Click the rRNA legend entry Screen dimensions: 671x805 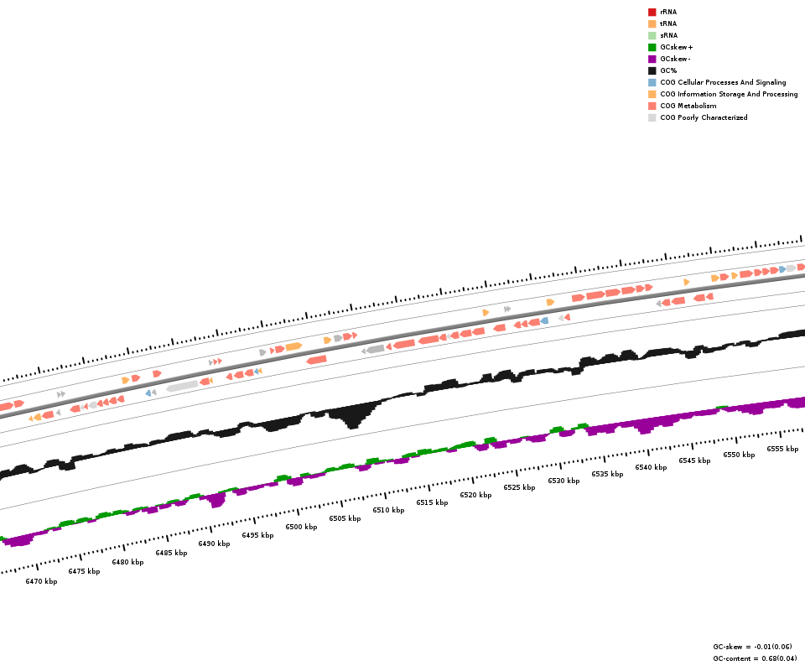tap(668, 13)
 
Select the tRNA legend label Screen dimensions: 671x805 tap(668, 24)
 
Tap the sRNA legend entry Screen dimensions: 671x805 tap(668, 36)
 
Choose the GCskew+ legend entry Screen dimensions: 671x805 tap(676, 48)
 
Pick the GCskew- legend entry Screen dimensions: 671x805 tap(675, 60)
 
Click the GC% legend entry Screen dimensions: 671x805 tap(668, 71)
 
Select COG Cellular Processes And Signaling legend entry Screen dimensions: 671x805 tap(723, 83)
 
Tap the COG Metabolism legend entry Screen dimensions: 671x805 tap(688, 107)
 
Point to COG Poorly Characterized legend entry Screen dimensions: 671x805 tap(704, 118)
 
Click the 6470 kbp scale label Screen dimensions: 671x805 tap(41, 581)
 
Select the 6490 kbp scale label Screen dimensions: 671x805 tap(214, 544)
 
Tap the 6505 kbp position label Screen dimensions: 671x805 tap(345, 518)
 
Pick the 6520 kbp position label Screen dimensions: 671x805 tap(475, 495)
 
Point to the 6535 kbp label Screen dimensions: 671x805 tap(607, 474)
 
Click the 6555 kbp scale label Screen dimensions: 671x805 tap(782, 449)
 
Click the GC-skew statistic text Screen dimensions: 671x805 tap(752, 647)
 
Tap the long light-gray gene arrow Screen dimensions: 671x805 tap(183, 386)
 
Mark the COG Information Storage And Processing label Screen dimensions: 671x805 tap(729, 95)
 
